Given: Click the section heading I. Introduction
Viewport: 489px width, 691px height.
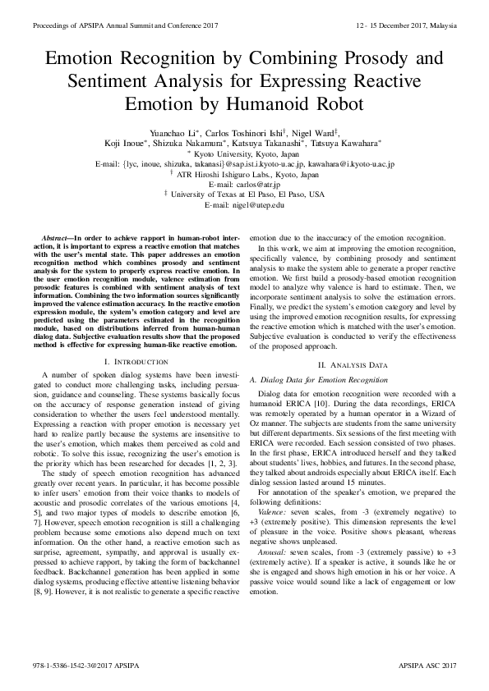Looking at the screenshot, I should [131, 361].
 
